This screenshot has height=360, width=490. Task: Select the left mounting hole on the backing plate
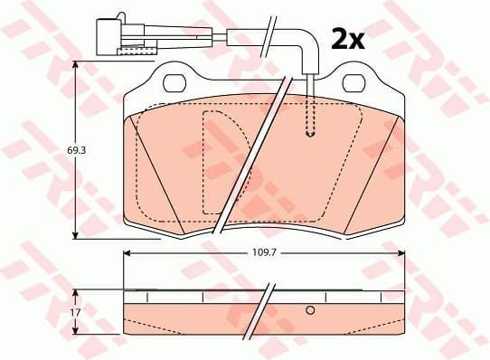click(174, 84)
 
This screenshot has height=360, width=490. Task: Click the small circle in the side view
click(310, 312)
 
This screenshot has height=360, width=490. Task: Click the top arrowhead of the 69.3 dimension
click(75, 66)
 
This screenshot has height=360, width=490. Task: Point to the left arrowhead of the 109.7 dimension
click(127, 252)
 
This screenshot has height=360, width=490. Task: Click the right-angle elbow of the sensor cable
click(307, 40)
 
